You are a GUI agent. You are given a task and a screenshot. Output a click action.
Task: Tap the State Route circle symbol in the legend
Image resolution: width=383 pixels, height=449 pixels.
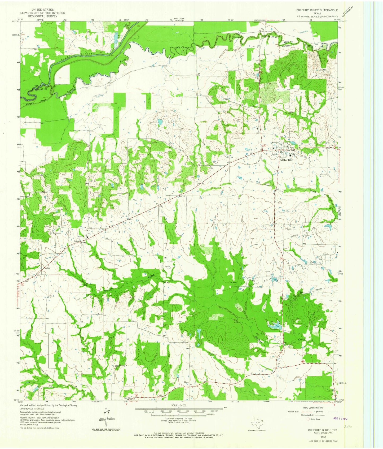click(308, 419)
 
